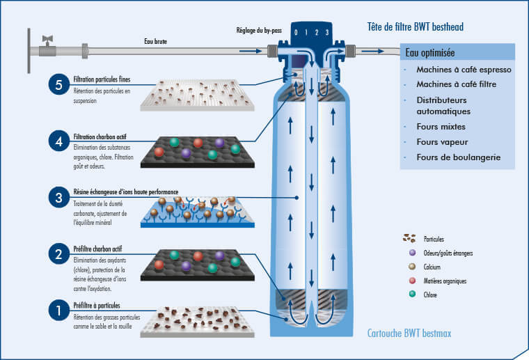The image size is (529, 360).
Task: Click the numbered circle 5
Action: coord(59,85)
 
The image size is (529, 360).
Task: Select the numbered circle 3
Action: coord(59,198)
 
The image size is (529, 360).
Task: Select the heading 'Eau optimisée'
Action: coord(429,53)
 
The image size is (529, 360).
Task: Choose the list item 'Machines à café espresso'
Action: coord(464,70)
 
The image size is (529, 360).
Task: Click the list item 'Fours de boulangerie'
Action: coord(458,157)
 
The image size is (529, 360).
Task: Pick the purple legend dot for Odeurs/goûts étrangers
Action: coord(413,253)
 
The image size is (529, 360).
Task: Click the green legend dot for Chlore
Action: coord(413,295)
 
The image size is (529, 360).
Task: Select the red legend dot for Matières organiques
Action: coord(413,281)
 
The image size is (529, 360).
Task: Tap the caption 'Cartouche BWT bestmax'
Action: coord(409,334)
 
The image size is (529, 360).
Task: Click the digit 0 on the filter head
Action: coord(297,32)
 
